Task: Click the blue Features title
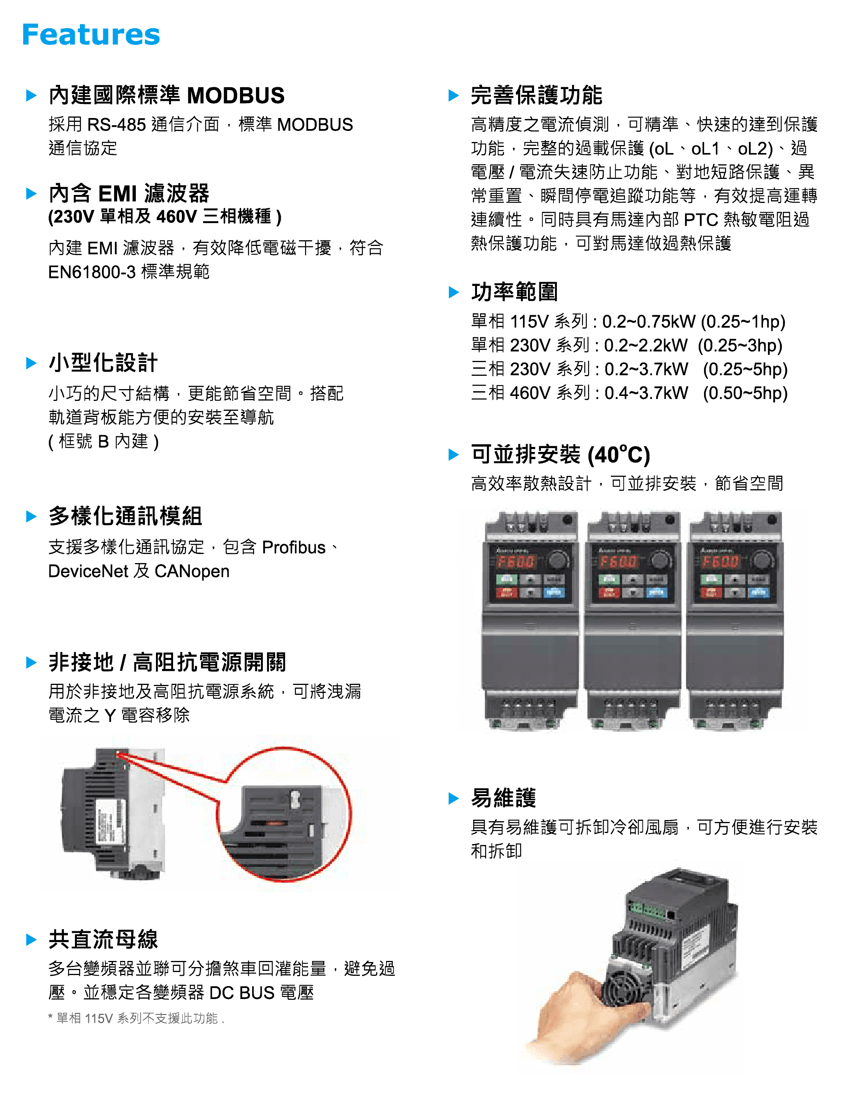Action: click(x=91, y=34)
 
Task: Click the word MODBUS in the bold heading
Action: click(x=235, y=96)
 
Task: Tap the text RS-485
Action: click(x=117, y=124)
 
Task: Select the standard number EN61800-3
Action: click(x=92, y=272)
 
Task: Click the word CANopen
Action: click(x=192, y=571)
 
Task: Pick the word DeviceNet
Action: click(x=88, y=571)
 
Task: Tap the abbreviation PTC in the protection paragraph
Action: click(x=700, y=219)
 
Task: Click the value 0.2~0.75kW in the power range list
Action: click(x=649, y=322)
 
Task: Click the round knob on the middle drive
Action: click(x=660, y=560)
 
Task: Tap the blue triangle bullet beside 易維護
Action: click(x=454, y=798)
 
